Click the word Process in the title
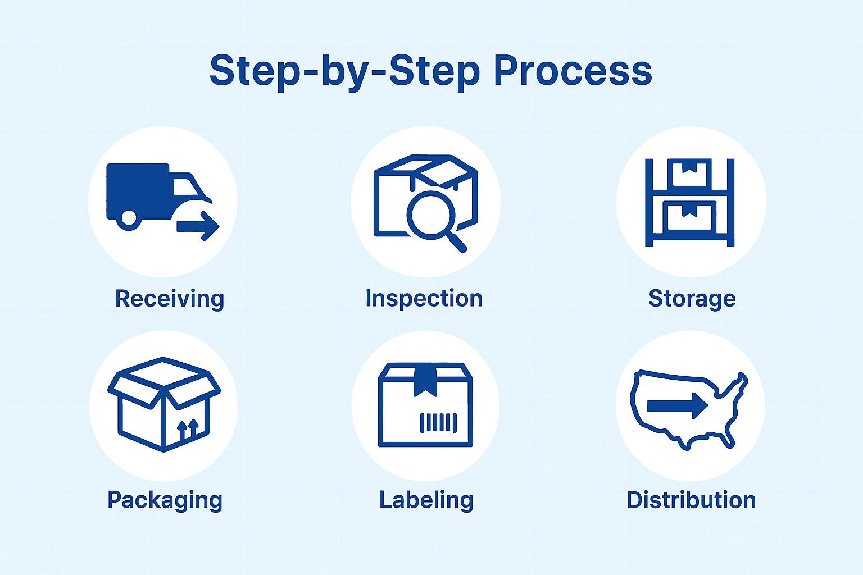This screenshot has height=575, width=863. (x=573, y=71)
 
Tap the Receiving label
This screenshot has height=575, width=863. (x=169, y=299)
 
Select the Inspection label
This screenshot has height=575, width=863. (x=424, y=299)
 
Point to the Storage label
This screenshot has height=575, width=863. (x=692, y=299)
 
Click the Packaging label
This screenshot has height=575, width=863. (x=165, y=500)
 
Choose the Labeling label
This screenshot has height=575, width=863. (x=426, y=500)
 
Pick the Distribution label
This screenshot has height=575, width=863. (x=691, y=500)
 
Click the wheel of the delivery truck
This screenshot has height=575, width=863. (x=129, y=218)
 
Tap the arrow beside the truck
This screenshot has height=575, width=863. (x=198, y=226)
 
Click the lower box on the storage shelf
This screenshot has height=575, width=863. (x=689, y=216)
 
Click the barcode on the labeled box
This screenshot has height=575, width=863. (x=438, y=422)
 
